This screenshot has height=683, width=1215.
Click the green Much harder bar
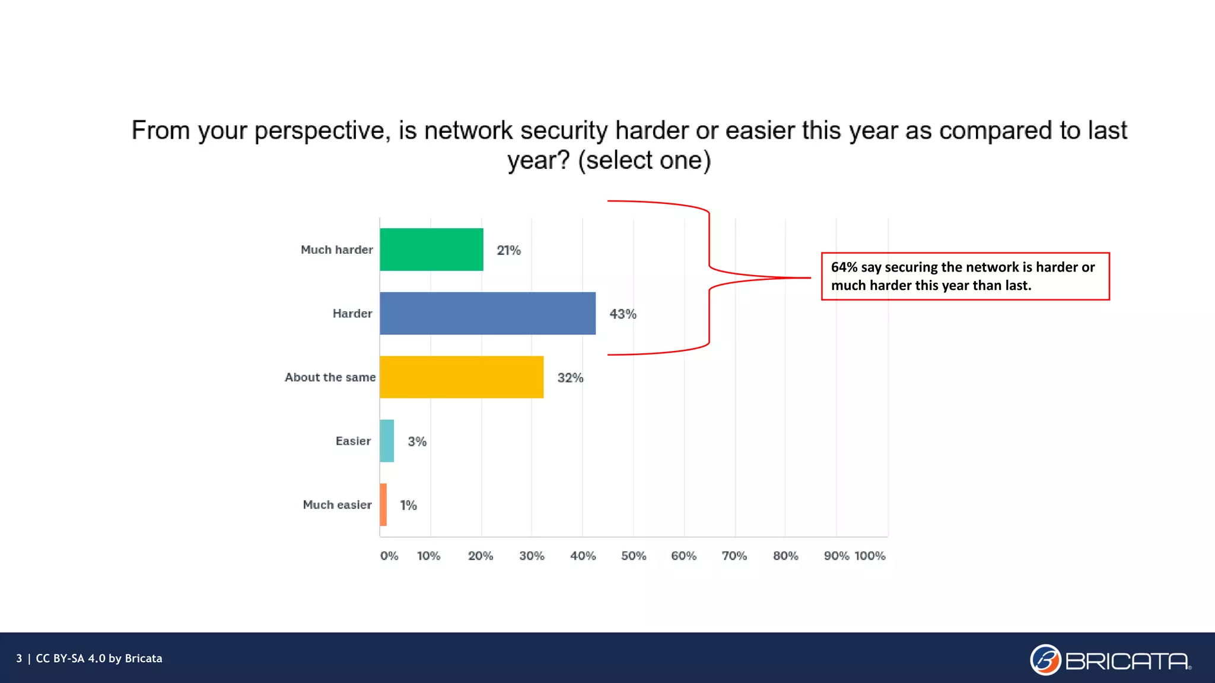point(431,250)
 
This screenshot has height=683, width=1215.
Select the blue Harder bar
point(487,313)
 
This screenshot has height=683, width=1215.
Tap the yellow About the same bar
point(461,377)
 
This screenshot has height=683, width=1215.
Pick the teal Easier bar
point(387,441)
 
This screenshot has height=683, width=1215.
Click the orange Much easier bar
point(383,505)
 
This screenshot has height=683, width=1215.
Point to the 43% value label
point(622,314)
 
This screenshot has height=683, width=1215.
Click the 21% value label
point(508,250)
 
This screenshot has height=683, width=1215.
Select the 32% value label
point(570,378)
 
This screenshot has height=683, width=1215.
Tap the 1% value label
point(408,505)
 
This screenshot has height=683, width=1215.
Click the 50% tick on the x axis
point(633,556)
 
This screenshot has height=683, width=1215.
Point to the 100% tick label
point(870,556)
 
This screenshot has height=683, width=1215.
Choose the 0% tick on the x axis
point(389,556)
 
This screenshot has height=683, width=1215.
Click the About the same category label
point(330,377)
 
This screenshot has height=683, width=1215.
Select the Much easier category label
point(337,505)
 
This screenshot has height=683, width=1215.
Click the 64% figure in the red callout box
point(844,267)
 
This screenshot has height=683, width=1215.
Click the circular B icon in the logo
point(1045,660)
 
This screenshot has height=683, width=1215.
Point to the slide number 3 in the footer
point(19,659)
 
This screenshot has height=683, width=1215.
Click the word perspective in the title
point(322,131)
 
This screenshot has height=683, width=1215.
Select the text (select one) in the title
point(644,161)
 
